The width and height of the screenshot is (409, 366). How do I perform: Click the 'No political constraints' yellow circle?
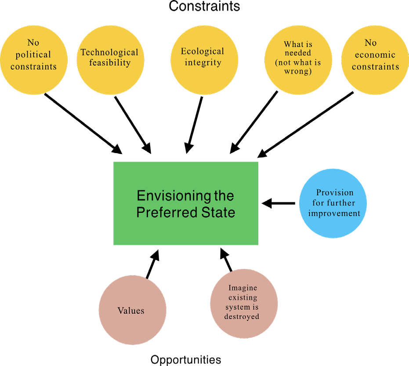pos(34,60)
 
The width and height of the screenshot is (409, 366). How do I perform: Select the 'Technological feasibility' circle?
pos(110,60)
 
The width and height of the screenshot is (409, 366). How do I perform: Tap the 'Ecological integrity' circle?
pos(204,60)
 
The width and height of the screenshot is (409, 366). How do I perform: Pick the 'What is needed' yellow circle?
pos(298,60)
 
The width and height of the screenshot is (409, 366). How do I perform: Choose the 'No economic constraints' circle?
pos(375,60)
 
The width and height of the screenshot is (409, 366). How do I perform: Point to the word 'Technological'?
pos(109,52)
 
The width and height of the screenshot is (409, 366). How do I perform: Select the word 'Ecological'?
pos(203,51)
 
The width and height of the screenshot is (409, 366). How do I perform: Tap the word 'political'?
pos(33,55)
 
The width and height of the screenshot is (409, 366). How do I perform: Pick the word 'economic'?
pos(375,55)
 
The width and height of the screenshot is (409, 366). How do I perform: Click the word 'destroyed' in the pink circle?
pos(242,317)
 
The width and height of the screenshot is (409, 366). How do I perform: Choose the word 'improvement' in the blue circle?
pos(334,213)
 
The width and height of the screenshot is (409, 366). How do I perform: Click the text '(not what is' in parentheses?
pos(298,62)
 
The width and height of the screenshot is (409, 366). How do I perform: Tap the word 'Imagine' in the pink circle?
pos(243,288)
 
